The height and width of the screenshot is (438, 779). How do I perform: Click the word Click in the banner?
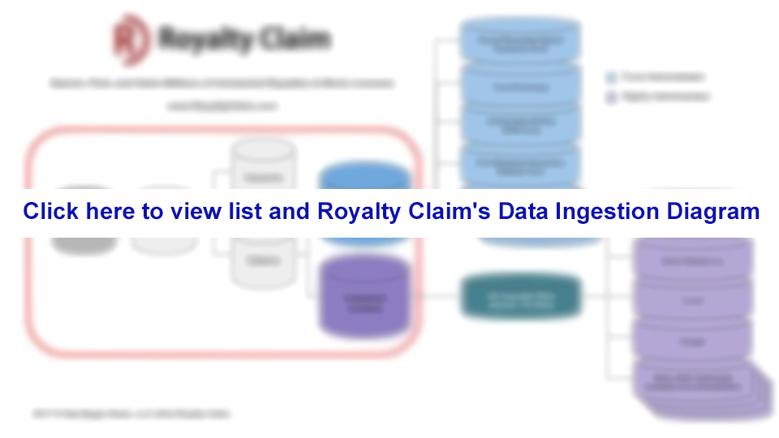point(51,212)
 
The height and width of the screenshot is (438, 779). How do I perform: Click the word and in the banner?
point(288,212)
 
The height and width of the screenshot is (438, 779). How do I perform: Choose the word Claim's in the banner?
point(448,212)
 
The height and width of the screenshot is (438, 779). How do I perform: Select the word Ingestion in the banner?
point(607,212)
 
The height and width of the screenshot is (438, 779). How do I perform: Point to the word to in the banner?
point(153,212)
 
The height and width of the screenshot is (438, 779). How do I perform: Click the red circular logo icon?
point(130,38)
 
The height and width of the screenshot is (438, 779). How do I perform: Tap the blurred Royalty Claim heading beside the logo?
point(243,38)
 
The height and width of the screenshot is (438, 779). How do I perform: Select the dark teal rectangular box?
point(521,296)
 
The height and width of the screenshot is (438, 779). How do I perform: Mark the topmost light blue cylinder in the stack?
point(519,39)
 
